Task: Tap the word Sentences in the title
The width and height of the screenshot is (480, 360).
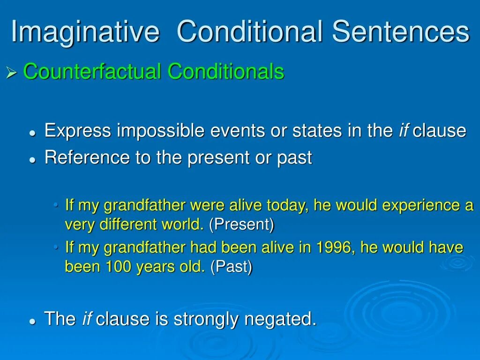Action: tap(401, 31)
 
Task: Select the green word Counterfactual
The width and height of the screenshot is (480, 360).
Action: tap(92, 71)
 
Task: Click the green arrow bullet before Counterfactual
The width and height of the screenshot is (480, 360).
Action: tap(11, 73)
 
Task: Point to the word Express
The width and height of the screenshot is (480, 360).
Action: tap(78, 131)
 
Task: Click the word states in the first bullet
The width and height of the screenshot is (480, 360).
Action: tap(317, 131)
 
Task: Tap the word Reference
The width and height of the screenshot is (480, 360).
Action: tap(87, 157)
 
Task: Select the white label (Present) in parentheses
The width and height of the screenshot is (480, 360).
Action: tap(241, 225)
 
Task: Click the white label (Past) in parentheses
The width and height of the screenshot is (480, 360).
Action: tap(232, 266)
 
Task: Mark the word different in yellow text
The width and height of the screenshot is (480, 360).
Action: tap(128, 225)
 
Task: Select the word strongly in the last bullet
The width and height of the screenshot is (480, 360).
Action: tap(206, 319)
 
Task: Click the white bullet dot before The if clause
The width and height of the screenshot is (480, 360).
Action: tap(32, 322)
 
